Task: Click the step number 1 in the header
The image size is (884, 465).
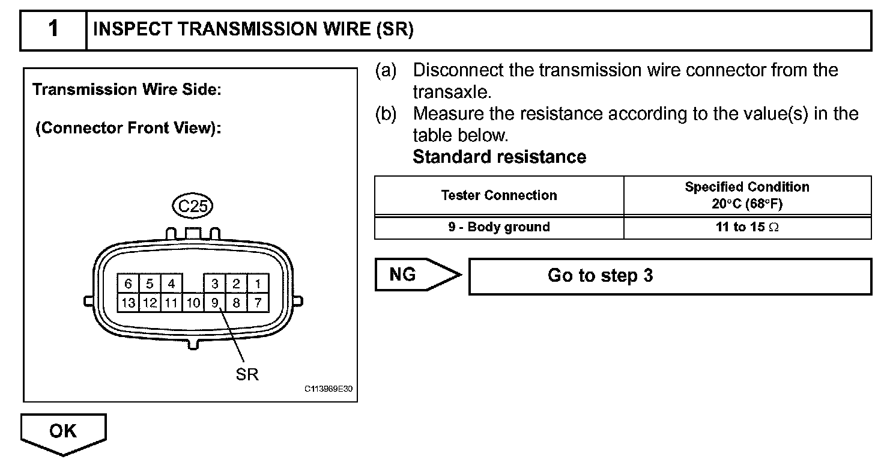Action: point(53,29)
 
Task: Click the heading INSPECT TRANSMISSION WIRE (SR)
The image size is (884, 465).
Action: point(253,29)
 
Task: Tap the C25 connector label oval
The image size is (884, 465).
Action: point(193,207)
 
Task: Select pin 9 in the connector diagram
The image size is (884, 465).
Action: point(214,303)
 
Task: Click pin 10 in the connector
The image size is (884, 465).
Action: point(193,303)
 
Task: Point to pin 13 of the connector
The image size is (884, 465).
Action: point(128,303)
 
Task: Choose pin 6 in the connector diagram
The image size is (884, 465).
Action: point(128,284)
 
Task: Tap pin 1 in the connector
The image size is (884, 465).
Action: point(258,284)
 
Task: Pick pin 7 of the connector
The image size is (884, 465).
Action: point(258,303)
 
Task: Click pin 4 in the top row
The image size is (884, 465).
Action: point(171,284)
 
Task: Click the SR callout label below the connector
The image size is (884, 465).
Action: point(247,374)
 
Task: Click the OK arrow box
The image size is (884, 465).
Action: point(63,431)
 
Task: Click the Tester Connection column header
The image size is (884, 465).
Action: point(498,195)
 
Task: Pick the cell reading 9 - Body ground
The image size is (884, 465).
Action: point(498,227)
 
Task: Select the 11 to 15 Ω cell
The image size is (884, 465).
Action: point(747,227)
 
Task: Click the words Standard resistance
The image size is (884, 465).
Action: point(499,157)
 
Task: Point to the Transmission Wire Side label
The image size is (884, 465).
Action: point(127,90)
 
